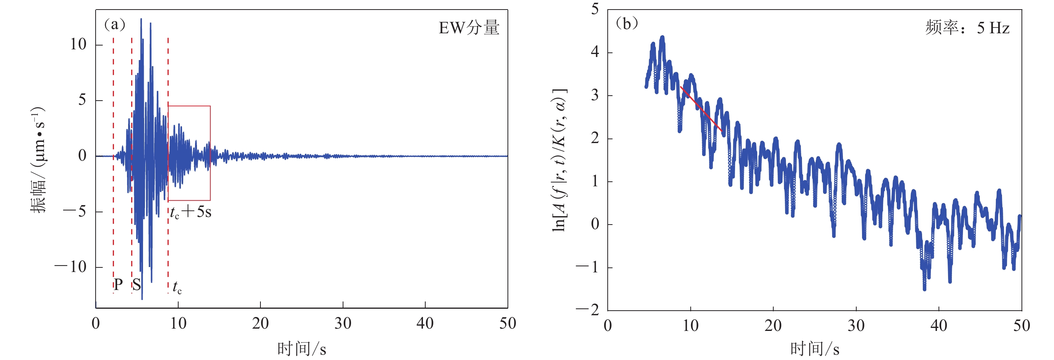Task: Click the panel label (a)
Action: [x=115, y=24]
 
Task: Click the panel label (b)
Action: [x=627, y=23]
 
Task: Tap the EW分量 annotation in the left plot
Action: [x=469, y=28]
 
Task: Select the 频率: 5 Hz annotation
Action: [x=967, y=28]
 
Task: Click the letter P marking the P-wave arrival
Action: [x=118, y=284]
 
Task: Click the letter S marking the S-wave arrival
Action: [x=136, y=284]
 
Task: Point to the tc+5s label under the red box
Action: [x=191, y=212]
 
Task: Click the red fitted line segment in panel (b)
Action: [x=701, y=109]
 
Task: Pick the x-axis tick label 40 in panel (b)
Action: [x=938, y=326]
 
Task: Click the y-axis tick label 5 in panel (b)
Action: [x=595, y=9]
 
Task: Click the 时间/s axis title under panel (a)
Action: [x=301, y=349]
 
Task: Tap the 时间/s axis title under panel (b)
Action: [x=814, y=349]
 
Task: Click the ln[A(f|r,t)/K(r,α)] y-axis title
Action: [x=559, y=160]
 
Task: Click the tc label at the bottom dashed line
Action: [x=177, y=287]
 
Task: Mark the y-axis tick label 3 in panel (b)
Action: [x=595, y=95]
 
